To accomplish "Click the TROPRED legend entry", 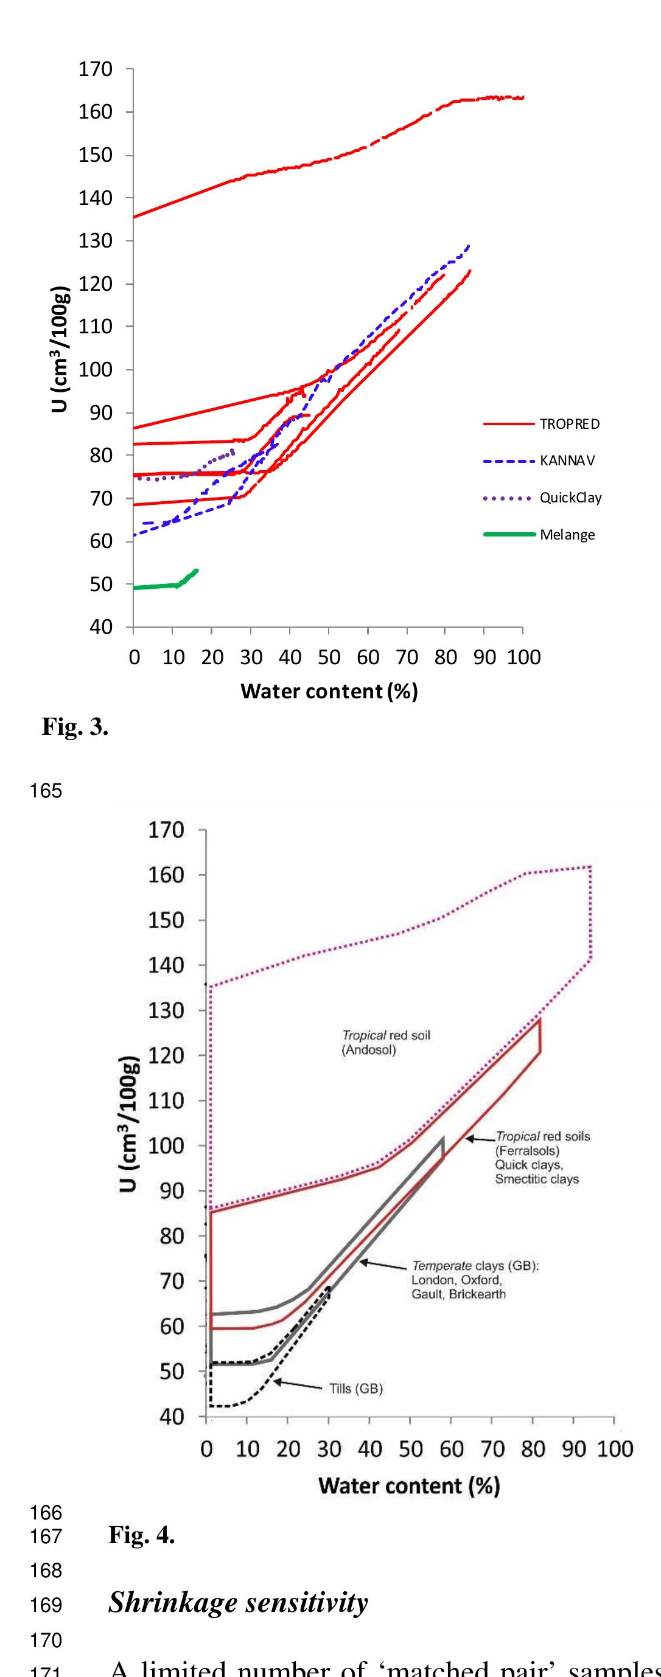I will click(x=569, y=425).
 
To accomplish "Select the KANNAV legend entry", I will click(x=567, y=461).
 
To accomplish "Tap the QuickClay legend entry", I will click(x=570, y=498).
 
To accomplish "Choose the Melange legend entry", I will click(x=567, y=535).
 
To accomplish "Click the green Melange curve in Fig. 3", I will click(x=156, y=586).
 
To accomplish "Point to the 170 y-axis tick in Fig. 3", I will click(x=96, y=69).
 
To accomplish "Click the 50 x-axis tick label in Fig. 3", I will click(x=329, y=658).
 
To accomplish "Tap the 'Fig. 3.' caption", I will click(x=75, y=726).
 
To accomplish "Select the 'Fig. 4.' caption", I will click(x=141, y=1535).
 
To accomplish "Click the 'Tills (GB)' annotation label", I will click(x=355, y=1389).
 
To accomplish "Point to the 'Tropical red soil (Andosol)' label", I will click(x=386, y=1042).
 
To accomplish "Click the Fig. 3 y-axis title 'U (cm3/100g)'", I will click(x=60, y=349).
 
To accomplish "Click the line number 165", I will click(x=46, y=791).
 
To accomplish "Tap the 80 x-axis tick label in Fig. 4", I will click(x=533, y=1450).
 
